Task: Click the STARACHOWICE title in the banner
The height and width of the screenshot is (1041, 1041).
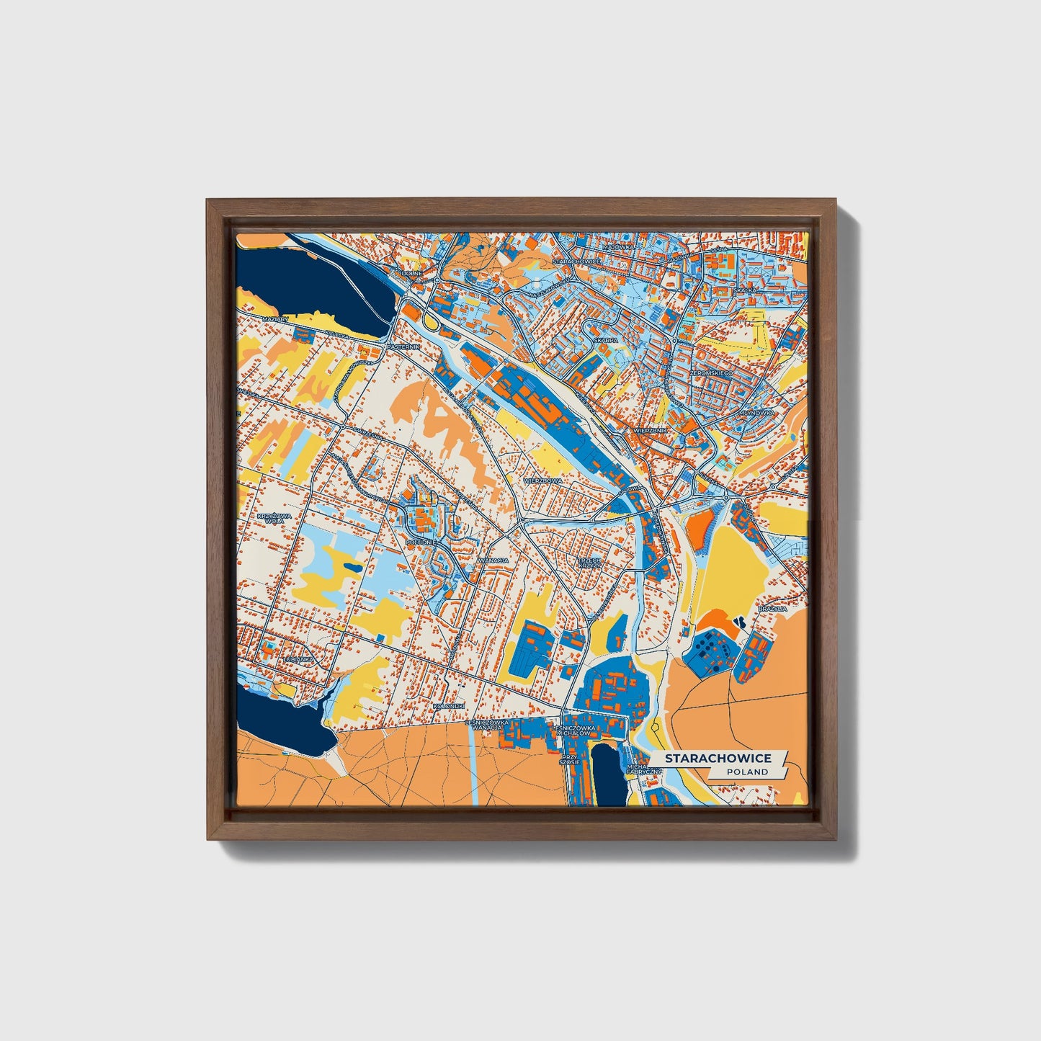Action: (718, 759)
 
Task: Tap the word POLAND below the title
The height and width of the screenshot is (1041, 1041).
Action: (747, 772)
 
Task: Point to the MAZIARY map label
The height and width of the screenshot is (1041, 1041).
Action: (275, 318)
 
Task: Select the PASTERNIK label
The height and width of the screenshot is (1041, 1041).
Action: (403, 347)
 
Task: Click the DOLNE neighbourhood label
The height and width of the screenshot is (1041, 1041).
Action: (413, 274)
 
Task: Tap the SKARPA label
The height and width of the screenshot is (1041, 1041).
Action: (606, 340)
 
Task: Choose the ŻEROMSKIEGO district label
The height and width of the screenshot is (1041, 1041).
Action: (711, 374)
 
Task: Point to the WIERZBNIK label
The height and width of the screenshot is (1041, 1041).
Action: (650, 430)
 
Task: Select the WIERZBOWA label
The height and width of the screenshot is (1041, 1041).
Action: (542, 480)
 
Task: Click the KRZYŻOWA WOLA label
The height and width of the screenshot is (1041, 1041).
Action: (272, 519)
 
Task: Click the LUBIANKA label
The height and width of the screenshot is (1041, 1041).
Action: (298, 658)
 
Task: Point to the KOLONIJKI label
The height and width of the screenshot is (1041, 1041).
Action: (450, 706)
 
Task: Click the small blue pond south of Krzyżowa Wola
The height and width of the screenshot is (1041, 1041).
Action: (353, 568)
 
